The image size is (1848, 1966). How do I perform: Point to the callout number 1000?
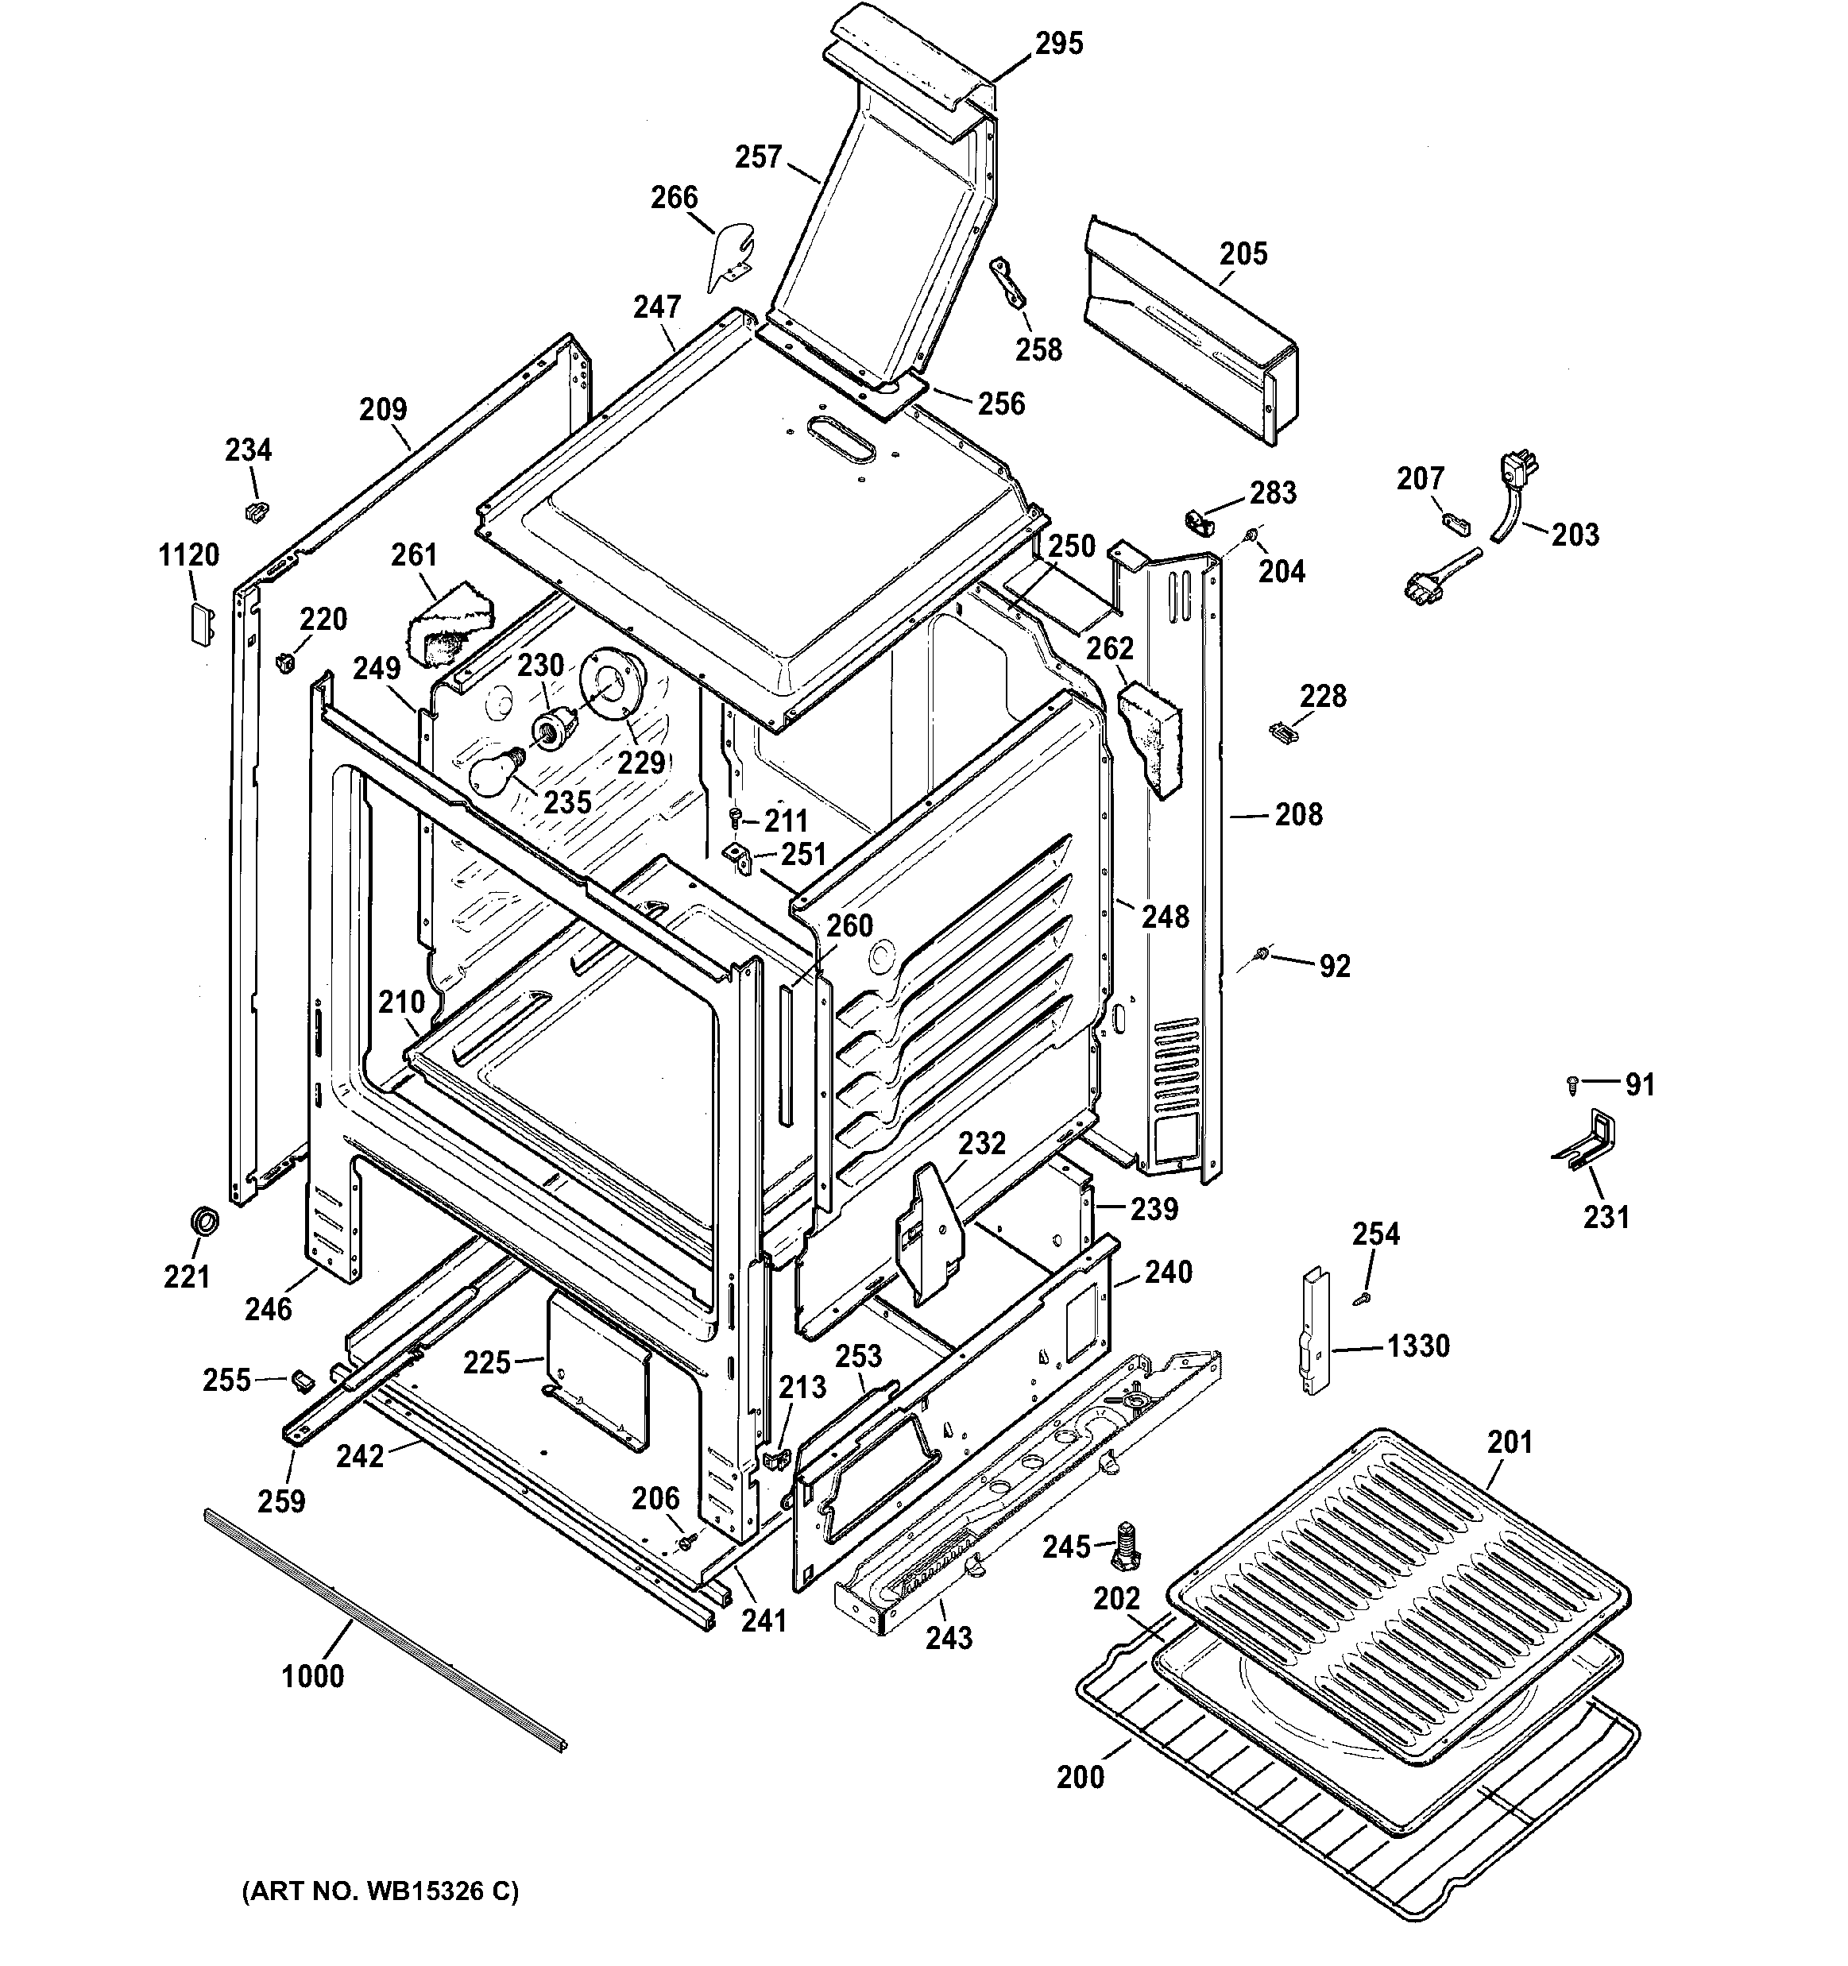(x=312, y=1676)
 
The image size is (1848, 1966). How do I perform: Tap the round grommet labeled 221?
(x=205, y=1222)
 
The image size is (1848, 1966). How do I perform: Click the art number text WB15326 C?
(x=380, y=1892)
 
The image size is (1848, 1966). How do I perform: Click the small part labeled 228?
(x=1282, y=732)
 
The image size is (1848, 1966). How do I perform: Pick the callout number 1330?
(x=1417, y=1345)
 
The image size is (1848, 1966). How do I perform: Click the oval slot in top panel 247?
(x=841, y=436)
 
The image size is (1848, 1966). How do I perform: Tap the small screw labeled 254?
(x=1363, y=1296)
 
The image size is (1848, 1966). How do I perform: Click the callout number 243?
(x=948, y=1638)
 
